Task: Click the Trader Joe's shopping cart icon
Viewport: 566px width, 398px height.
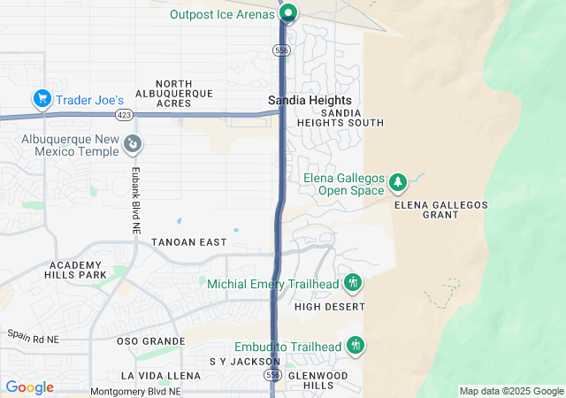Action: click(x=42, y=99)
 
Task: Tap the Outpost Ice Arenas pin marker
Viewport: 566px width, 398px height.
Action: click(x=288, y=13)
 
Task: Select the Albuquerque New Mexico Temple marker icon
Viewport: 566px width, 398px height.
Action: click(x=132, y=142)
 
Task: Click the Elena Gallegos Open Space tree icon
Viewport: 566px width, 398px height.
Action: click(x=398, y=182)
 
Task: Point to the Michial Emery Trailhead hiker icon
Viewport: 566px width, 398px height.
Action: click(x=354, y=283)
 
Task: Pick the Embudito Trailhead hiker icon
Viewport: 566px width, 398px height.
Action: click(x=356, y=345)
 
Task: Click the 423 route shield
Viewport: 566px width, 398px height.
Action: click(x=123, y=114)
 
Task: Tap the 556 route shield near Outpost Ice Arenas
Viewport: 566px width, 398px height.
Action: click(x=281, y=51)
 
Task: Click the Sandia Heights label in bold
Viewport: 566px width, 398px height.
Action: click(x=310, y=101)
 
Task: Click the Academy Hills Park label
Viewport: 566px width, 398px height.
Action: click(x=77, y=270)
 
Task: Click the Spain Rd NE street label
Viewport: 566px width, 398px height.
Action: click(x=33, y=337)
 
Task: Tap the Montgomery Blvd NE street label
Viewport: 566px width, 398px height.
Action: click(x=135, y=391)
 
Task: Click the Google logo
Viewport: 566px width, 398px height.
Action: click(x=30, y=387)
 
